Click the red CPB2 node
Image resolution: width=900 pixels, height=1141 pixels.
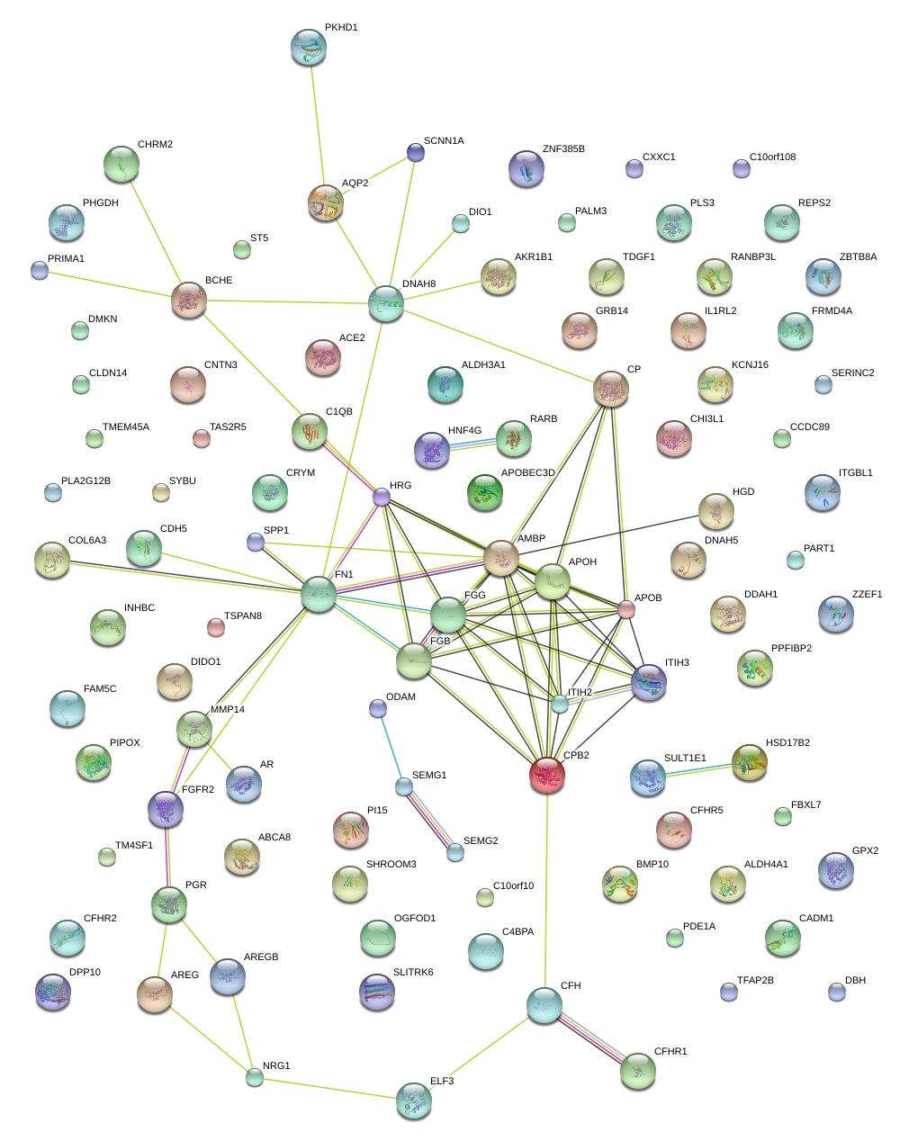547,775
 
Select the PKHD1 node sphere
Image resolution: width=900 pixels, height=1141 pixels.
310,47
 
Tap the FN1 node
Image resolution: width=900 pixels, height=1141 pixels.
319,595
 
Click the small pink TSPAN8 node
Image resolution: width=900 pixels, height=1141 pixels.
215,626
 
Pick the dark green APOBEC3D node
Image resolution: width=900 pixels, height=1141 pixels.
486,491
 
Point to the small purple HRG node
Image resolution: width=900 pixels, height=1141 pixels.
382,496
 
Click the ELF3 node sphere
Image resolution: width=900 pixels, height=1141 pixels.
414,1101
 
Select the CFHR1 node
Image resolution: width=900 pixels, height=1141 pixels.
638,1072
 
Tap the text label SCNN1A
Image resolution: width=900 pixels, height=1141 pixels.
444,141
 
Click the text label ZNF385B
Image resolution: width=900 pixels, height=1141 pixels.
563,148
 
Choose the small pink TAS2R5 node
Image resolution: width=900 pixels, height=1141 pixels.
202,438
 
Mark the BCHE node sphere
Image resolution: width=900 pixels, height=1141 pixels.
189,300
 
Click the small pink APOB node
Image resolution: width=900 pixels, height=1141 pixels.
626,610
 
